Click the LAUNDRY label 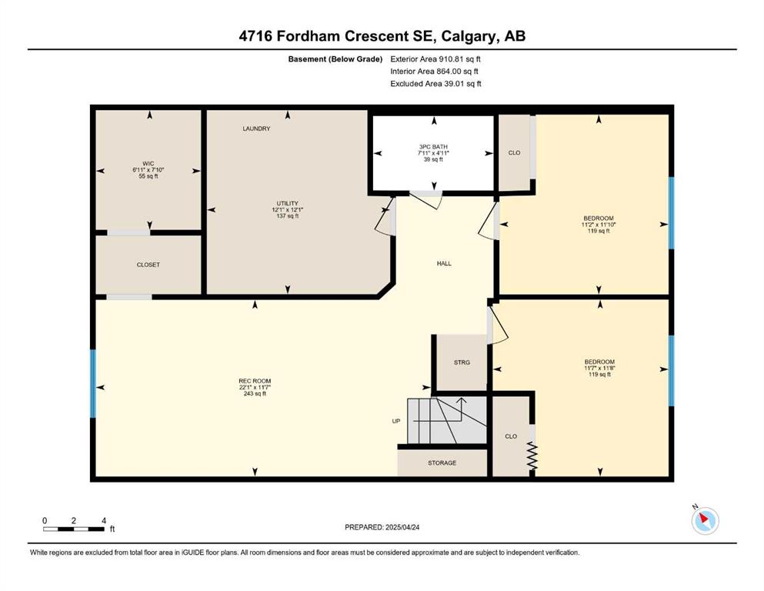point(256,129)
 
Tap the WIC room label point(148,164)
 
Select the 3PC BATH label point(433,147)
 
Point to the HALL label point(444,264)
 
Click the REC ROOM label point(255,381)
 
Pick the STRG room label point(462,362)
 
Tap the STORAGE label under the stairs point(442,462)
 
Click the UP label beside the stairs point(396,421)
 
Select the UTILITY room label point(288,204)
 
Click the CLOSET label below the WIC point(148,265)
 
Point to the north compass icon point(705,520)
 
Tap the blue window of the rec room point(93,383)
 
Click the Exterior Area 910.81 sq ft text point(435,59)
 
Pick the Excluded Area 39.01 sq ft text point(435,84)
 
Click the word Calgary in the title point(469,36)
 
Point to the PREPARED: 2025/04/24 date point(382,527)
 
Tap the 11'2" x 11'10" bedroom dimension point(599,225)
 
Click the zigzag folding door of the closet point(532,456)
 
